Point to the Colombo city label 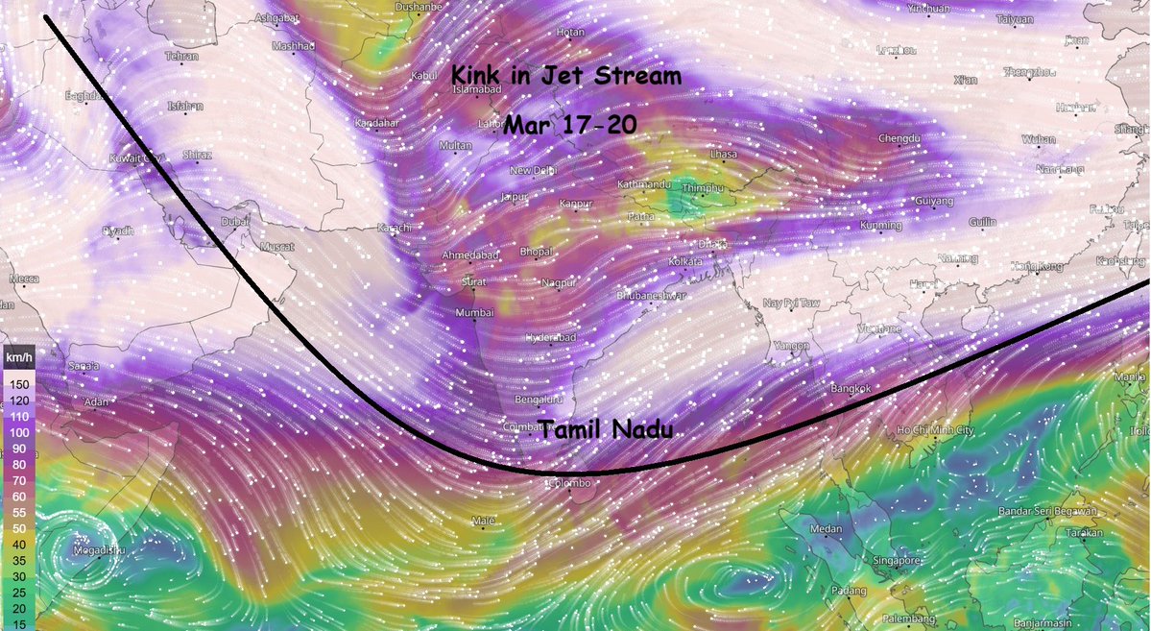[570, 483]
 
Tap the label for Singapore [898, 559]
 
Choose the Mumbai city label [476, 313]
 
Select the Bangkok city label [851, 389]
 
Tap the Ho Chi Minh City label [935, 429]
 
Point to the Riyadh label [118, 231]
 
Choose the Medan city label [826, 529]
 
